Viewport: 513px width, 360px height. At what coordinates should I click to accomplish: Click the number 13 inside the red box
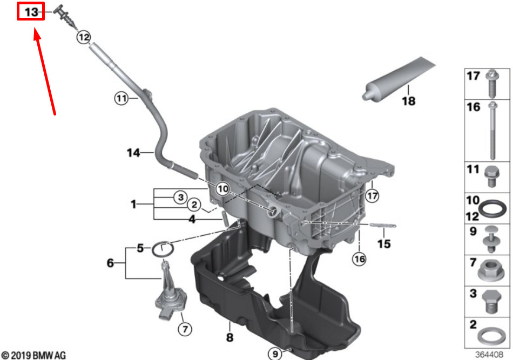point(31,12)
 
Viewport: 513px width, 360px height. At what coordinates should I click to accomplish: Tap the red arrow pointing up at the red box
point(44,71)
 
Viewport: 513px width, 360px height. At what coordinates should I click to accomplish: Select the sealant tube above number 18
point(399,79)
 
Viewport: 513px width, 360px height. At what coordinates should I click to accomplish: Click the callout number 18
point(409,101)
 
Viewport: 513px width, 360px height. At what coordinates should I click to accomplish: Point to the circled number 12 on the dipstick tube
point(84,37)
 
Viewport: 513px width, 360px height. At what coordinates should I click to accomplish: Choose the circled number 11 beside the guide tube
point(122,98)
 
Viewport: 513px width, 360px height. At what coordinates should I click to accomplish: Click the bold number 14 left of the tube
point(133,153)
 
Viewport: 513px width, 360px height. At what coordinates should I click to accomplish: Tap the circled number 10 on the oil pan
point(223,189)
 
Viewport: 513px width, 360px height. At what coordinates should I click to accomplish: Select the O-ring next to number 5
point(163,250)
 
